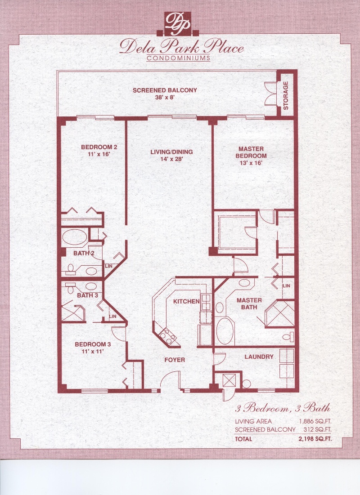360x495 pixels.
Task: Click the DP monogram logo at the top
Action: (x=178, y=24)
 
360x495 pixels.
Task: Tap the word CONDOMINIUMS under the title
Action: (x=179, y=58)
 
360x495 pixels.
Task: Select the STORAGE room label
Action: (x=286, y=95)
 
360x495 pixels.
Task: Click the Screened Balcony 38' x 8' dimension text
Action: (x=165, y=98)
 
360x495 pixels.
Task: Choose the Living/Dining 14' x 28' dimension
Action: (x=171, y=159)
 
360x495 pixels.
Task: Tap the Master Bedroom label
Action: (x=251, y=152)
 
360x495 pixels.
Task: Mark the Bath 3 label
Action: (x=87, y=295)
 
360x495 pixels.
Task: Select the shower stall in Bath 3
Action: (x=73, y=311)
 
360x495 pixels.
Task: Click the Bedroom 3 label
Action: (x=93, y=344)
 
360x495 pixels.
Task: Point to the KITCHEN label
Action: (x=186, y=302)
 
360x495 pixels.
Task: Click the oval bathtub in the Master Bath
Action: (x=225, y=330)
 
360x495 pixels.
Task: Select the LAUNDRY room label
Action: (x=259, y=357)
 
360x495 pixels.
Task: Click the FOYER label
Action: (x=175, y=360)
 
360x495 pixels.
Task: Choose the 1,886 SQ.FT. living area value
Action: (x=315, y=421)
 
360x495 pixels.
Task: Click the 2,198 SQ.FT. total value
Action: (x=315, y=439)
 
